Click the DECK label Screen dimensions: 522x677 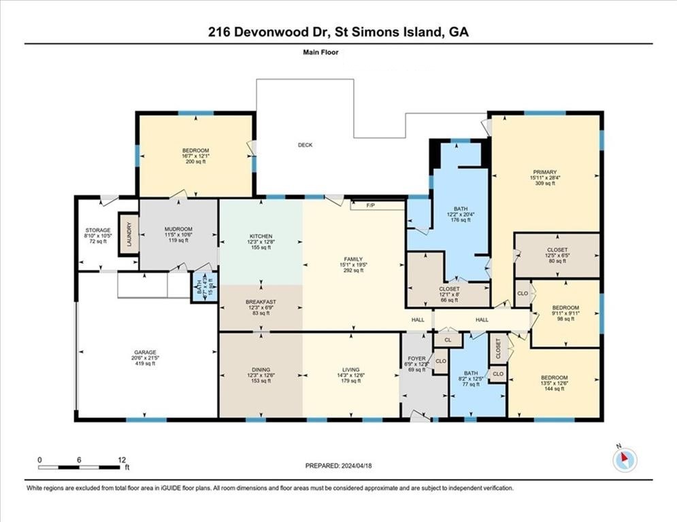click(x=305, y=145)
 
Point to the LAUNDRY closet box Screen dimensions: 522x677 click(x=126, y=234)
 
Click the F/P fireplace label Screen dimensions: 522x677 click(x=371, y=205)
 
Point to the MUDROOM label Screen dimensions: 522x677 click(x=178, y=229)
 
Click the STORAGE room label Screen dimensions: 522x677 click(x=98, y=229)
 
